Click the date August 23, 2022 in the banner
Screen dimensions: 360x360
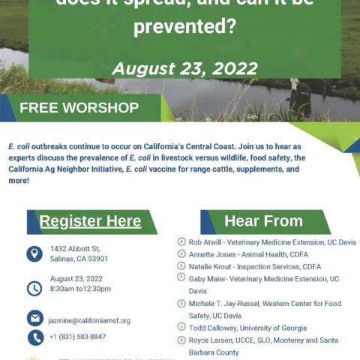click(x=184, y=68)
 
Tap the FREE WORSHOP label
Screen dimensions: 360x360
click(x=79, y=107)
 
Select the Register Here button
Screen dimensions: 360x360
click(x=90, y=221)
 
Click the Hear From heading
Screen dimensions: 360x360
click(x=263, y=221)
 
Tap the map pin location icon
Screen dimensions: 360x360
click(x=34, y=253)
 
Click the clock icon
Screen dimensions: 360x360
click(x=34, y=288)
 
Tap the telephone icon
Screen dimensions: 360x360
click(x=34, y=337)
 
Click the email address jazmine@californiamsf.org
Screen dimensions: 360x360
click(x=89, y=320)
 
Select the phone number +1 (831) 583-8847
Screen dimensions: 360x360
click(x=78, y=337)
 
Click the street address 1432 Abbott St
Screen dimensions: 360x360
click(x=75, y=248)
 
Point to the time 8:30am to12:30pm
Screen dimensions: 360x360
click(x=81, y=288)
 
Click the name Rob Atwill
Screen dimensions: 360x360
click(x=205, y=242)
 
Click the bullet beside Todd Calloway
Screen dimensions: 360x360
click(x=181, y=328)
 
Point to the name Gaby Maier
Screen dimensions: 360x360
click(x=207, y=278)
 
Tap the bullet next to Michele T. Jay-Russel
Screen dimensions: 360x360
click(x=181, y=304)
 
